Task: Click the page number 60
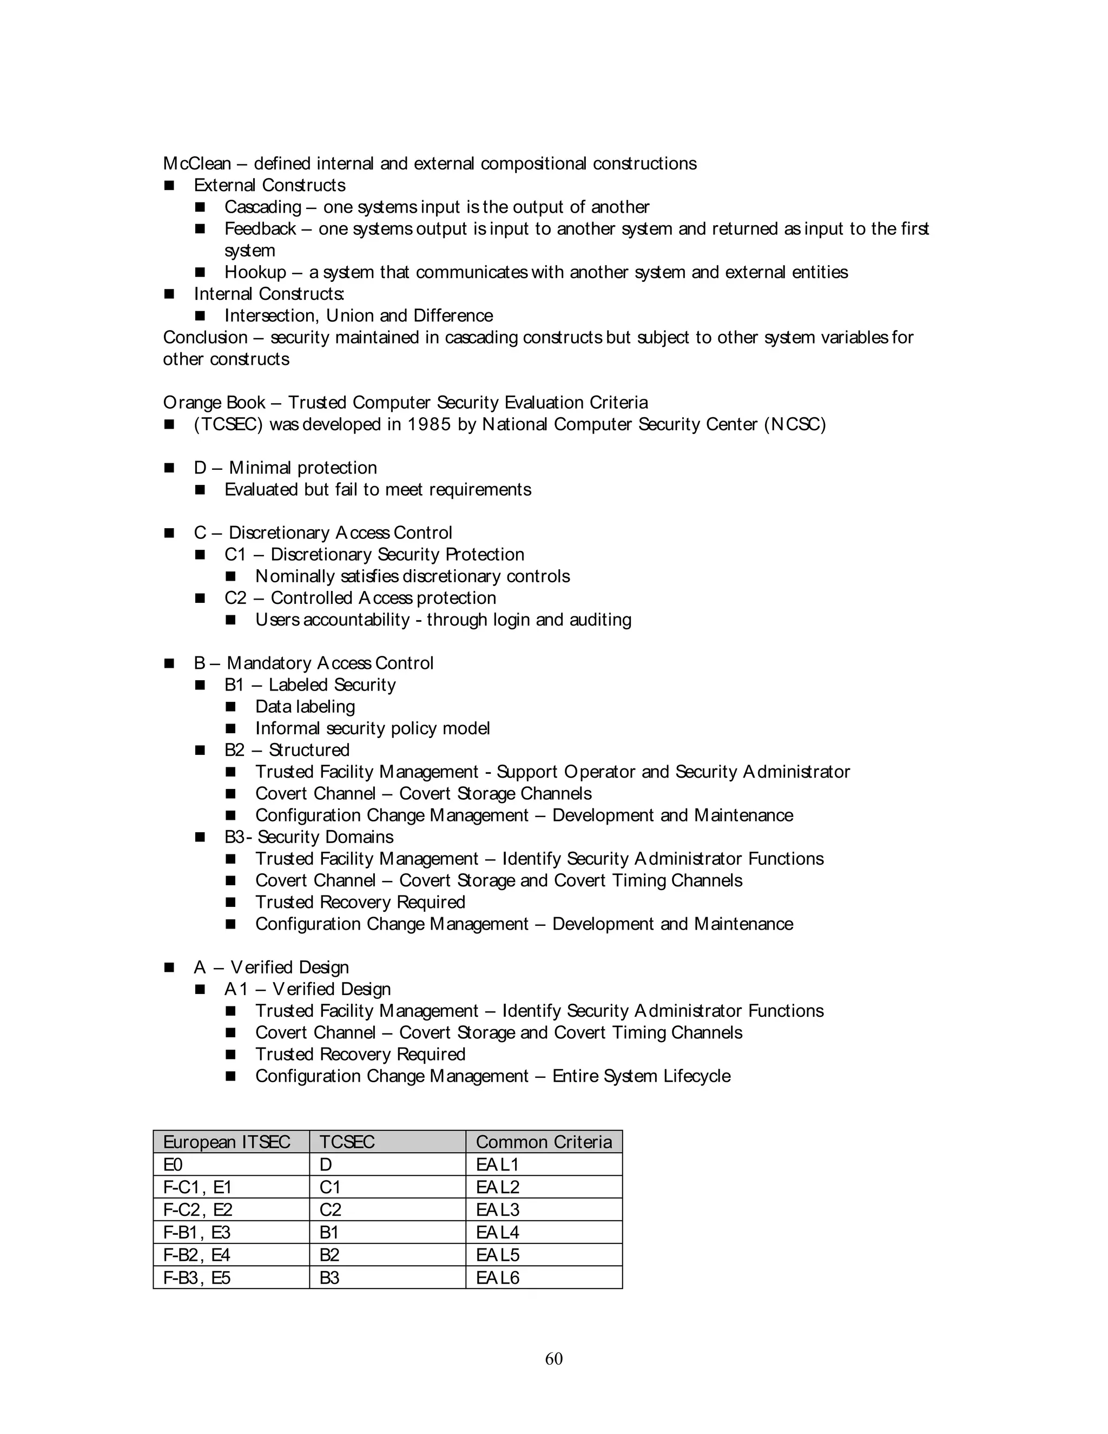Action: tap(553, 1358)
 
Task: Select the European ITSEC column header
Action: tap(227, 1142)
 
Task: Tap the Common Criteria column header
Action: tap(544, 1142)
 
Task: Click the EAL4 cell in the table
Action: tap(498, 1232)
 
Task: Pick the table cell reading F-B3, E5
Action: tap(197, 1278)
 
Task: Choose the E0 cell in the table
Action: tap(173, 1165)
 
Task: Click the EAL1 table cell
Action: tap(498, 1165)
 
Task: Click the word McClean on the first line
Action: tap(197, 163)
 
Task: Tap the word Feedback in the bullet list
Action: tap(260, 229)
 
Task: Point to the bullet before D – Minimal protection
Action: tap(169, 468)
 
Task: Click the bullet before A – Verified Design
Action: tap(169, 967)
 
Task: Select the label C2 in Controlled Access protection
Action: tap(235, 598)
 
